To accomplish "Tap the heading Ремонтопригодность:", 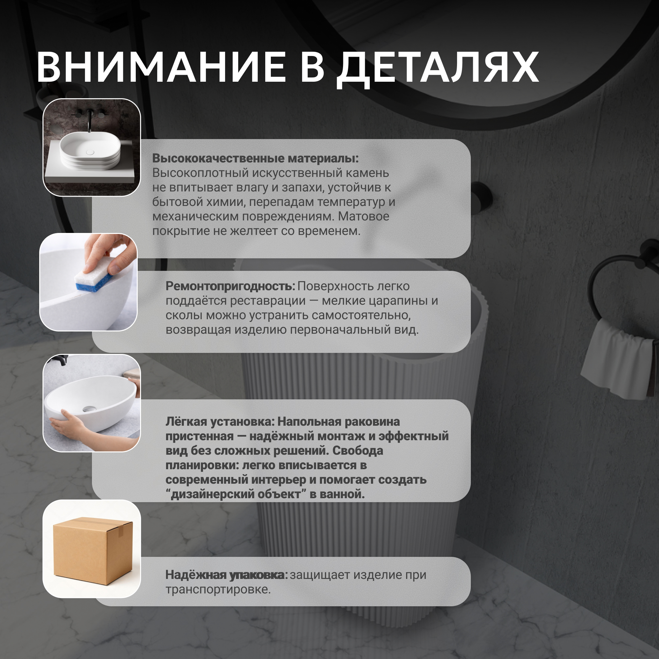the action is coord(230,286).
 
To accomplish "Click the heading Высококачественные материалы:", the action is coord(255,158).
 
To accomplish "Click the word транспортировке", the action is coord(218,590).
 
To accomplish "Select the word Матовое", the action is coord(364,216).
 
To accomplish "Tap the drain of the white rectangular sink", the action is coord(90,152).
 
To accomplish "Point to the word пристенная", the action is coord(200,436).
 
